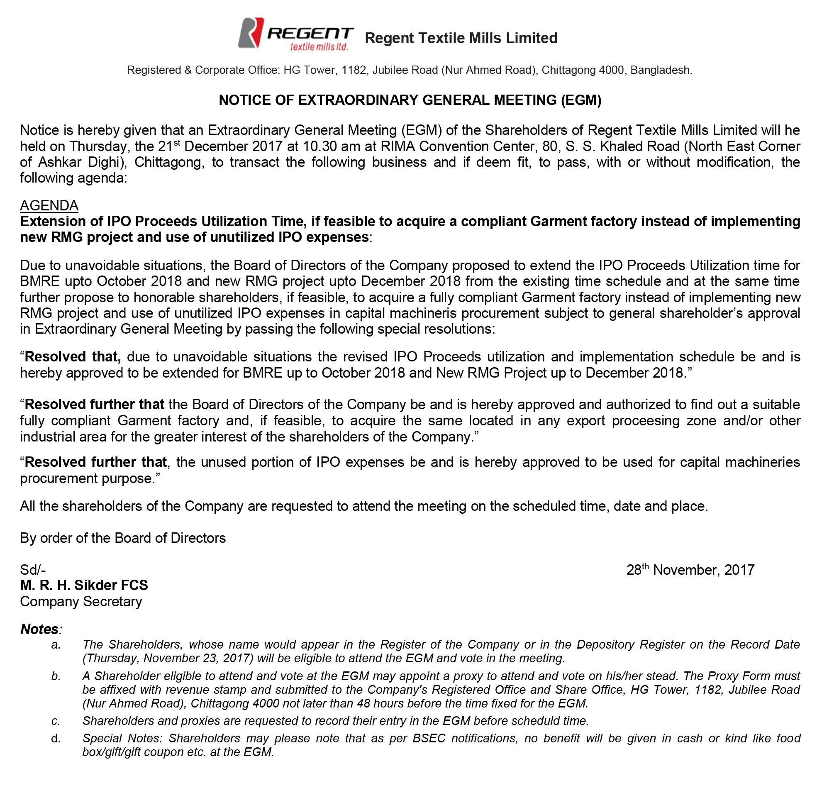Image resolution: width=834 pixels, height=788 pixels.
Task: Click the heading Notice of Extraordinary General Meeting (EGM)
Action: tap(410, 100)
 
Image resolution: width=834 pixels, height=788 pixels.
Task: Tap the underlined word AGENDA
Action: tap(49, 206)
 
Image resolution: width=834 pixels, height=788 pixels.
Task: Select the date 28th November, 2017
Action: tap(690, 570)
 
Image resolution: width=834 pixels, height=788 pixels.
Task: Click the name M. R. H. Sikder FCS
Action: tap(84, 586)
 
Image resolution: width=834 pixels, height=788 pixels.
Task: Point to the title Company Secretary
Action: tap(81, 602)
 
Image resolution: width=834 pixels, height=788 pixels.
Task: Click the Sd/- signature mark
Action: tap(33, 570)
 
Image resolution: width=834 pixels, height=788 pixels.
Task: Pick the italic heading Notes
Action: tap(40, 629)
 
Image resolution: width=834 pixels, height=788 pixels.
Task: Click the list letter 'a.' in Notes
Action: tap(56, 645)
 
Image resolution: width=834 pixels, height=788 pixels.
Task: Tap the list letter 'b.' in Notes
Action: tap(56, 676)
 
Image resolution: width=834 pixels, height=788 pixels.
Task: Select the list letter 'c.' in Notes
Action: tap(56, 721)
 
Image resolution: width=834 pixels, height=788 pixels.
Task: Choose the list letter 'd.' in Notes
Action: tap(56, 739)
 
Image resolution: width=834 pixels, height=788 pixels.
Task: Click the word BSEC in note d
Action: tap(429, 739)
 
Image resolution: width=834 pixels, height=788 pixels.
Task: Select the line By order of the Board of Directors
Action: tap(123, 538)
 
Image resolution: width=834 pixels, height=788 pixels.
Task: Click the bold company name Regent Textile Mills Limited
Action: tap(461, 38)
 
